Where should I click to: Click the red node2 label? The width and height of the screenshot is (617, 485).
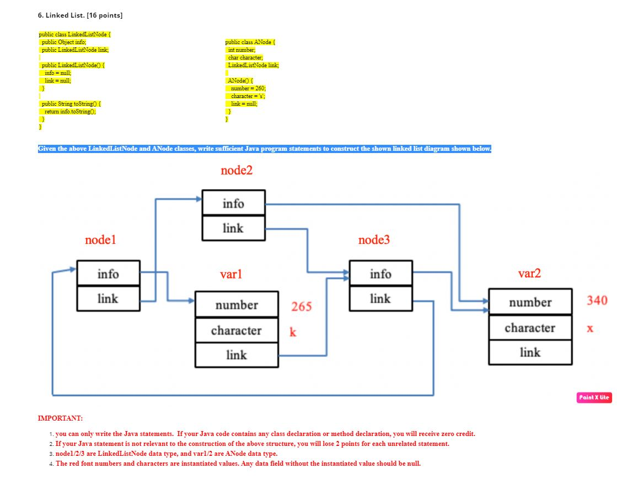click(236, 171)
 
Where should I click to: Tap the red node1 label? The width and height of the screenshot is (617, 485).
click(100, 240)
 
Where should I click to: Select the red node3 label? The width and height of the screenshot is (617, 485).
click(373, 240)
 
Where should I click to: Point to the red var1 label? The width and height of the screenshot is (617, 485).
click(230, 274)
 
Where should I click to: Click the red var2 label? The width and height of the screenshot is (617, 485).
click(529, 274)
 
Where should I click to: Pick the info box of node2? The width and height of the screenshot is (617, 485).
click(233, 203)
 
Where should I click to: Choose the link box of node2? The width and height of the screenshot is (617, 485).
click(233, 228)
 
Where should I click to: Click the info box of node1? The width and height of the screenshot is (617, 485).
click(108, 274)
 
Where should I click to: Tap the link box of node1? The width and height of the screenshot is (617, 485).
click(108, 298)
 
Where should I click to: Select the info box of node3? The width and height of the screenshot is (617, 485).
click(380, 274)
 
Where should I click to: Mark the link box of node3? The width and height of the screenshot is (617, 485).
click(380, 298)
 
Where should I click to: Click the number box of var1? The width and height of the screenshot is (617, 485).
click(237, 305)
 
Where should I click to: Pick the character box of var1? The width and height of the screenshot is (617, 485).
click(237, 330)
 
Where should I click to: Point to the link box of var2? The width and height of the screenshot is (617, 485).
click(530, 352)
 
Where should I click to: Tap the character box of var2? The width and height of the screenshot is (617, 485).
click(530, 328)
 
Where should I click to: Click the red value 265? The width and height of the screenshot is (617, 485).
click(301, 307)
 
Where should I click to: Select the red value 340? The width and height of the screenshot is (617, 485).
click(597, 300)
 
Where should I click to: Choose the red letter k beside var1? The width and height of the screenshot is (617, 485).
click(293, 332)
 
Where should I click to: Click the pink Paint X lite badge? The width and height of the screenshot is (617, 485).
click(594, 397)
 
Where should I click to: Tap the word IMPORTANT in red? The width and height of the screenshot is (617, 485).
click(60, 418)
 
